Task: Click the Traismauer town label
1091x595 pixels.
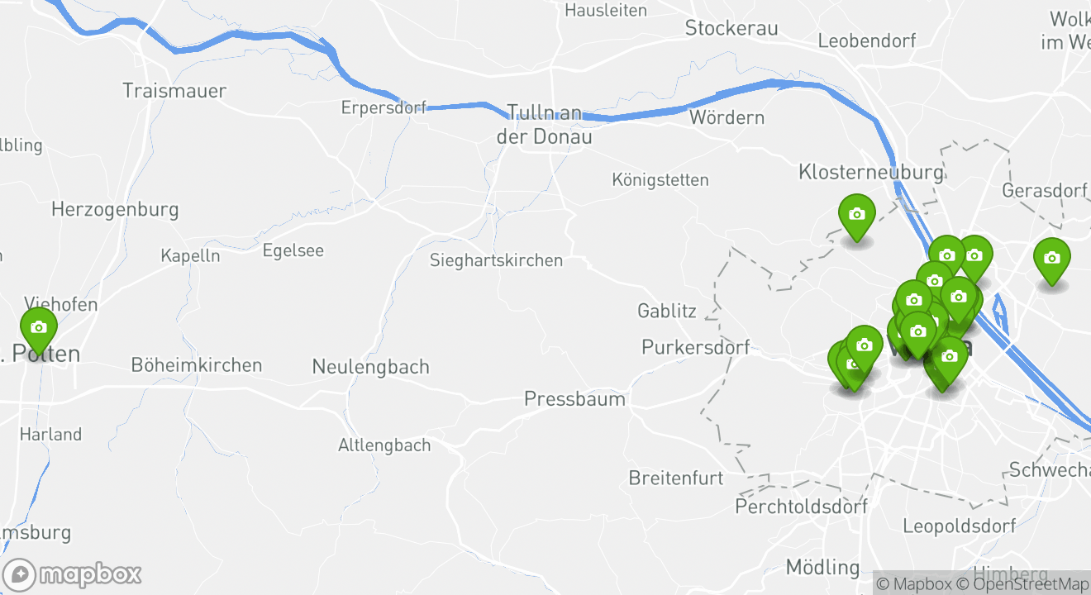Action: click(x=174, y=90)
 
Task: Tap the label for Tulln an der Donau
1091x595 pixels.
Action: click(x=544, y=125)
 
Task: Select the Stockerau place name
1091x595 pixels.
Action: click(x=731, y=28)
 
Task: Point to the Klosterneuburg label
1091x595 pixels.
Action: click(x=870, y=172)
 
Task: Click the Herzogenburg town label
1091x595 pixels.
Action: click(x=115, y=209)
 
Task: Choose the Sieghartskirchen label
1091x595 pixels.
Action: click(x=496, y=260)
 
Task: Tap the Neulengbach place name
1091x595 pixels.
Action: click(x=370, y=366)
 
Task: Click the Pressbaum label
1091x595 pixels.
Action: click(x=574, y=400)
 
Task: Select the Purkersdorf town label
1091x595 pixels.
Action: click(x=696, y=347)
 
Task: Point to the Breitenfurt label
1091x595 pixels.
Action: click(x=675, y=478)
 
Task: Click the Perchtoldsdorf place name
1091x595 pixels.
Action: click(x=802, y=506)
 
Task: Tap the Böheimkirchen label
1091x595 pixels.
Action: click(x=197, y=364)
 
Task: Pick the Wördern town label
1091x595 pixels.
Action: click(x=727, y=117)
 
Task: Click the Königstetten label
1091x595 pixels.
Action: click(x=660, y=179)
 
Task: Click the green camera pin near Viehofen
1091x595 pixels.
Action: click(x=39, y=328)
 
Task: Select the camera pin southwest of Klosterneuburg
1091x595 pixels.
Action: click(x=857, y=215)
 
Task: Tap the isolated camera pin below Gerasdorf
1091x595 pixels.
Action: click(x=1051, y=259)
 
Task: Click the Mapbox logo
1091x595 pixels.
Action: click(x=73, y=574)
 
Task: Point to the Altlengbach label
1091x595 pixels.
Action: click(x=384, y=445)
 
